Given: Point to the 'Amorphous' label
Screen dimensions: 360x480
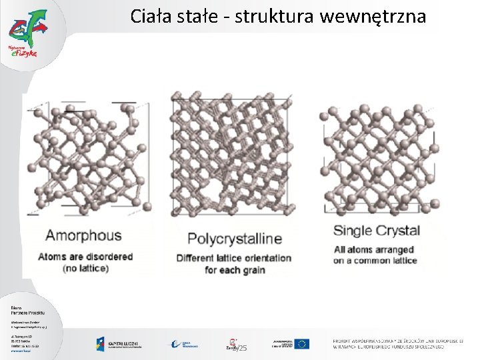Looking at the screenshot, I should [83, 235].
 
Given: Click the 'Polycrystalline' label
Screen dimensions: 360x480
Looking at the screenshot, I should [235, 239].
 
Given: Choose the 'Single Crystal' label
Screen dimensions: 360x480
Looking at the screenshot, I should [377, 231].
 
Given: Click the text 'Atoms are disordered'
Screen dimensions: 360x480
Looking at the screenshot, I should [85, 257].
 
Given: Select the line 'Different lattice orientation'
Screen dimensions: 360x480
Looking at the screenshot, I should [234, 258].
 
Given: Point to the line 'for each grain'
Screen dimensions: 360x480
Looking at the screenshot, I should [235, 270].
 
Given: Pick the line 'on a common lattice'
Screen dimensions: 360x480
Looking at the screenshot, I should [375, 261].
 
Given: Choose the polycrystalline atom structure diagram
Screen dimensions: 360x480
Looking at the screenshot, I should [231, 154].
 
